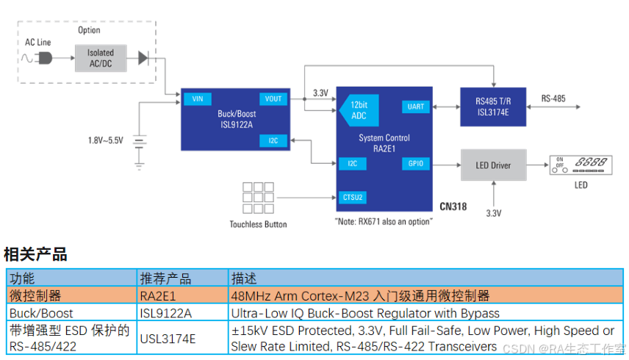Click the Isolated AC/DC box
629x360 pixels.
coord(101,57)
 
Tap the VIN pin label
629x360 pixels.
coord(196,99)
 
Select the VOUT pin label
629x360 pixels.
coord(273,99)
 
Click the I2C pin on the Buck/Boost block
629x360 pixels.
coord(273,140)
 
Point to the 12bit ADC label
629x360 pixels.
coord(356,111)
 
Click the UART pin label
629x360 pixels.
coord(416,107)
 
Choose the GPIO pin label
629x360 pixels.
coord(416,163)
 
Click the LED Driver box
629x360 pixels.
coord(493,165)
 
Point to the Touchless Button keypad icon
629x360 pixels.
coord(258,197)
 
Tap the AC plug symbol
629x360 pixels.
coord(45,57)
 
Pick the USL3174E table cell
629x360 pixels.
coord(168,338)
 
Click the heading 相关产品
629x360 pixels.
coord(36,255)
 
